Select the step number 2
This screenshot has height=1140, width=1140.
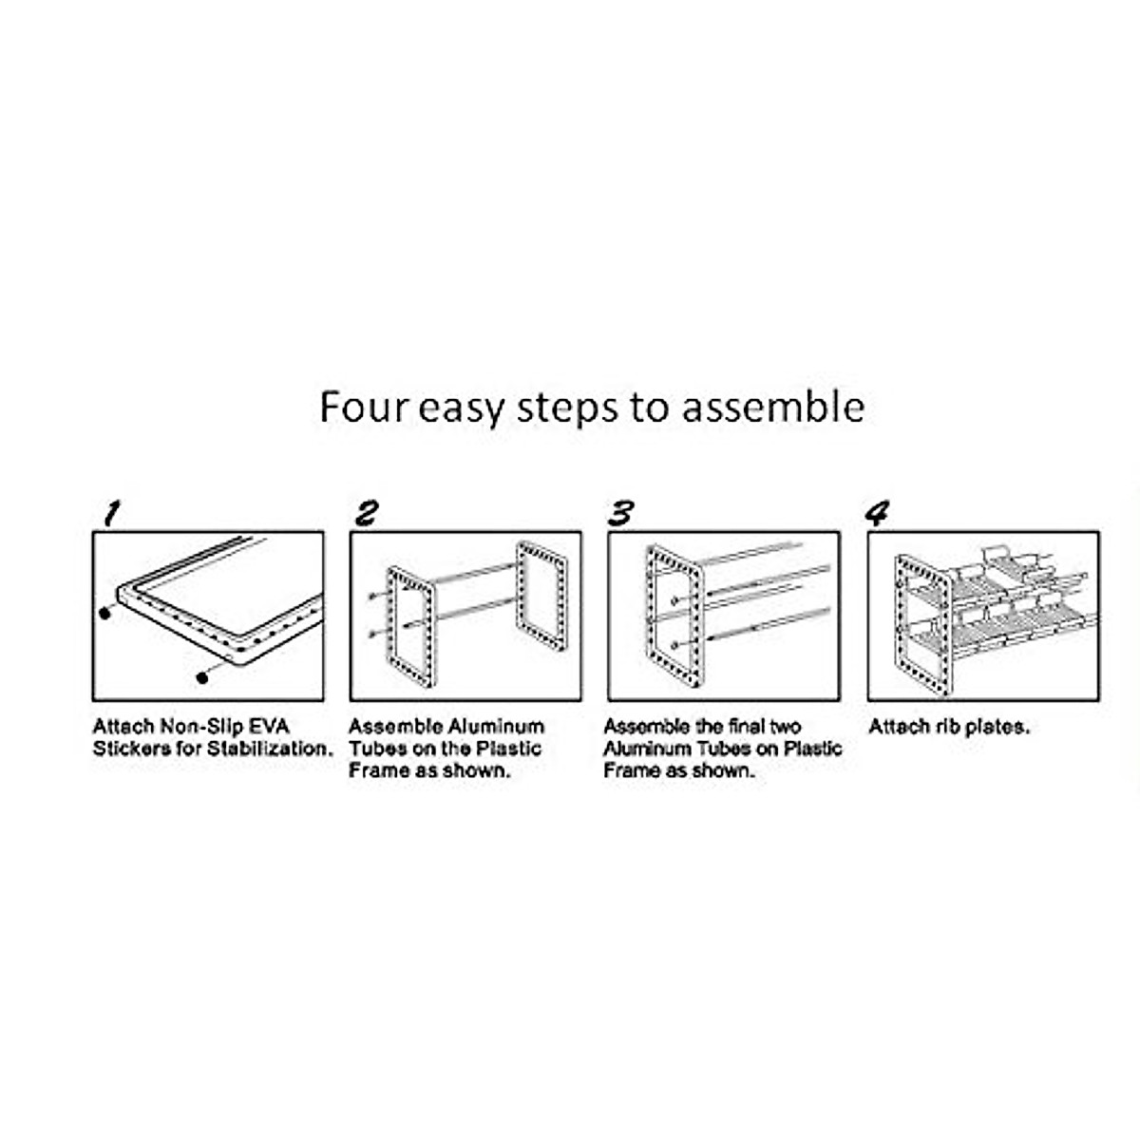point(366,514)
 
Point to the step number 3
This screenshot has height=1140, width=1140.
point(621,514)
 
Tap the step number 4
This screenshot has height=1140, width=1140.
point(878,514)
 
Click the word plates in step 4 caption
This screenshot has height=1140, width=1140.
point(997,727)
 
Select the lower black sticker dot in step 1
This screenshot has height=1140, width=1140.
point(201,676)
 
